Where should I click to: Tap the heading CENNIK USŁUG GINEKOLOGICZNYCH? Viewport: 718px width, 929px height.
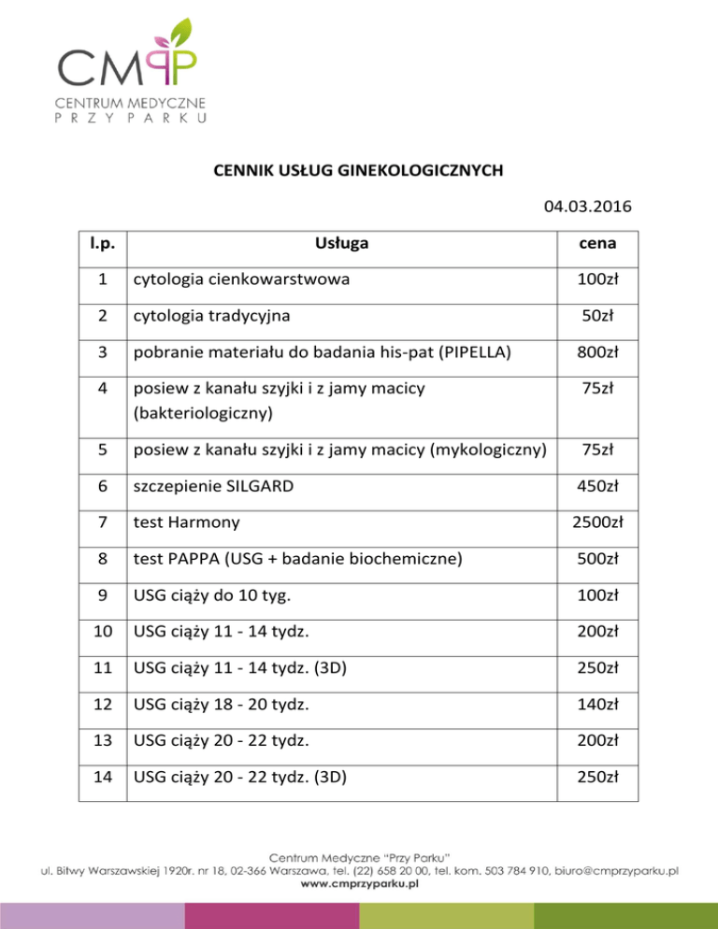[359, 170]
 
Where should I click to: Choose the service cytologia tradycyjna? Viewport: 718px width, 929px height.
[210, 316]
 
